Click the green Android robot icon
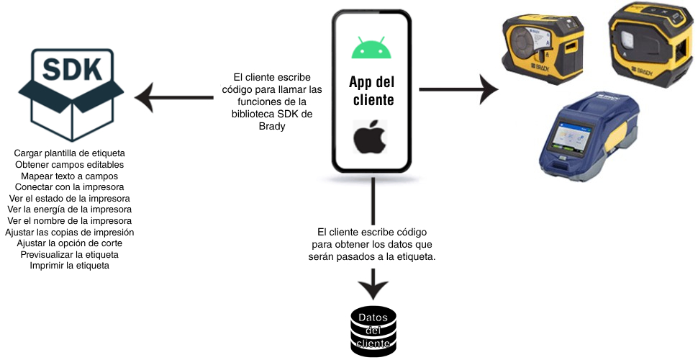(x=371, y=48)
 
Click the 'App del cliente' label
(x=372, y=90)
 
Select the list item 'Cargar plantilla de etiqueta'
(x=70, y=153)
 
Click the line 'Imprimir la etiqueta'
(x=70, y=266)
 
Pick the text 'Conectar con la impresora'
(x=70, y=187)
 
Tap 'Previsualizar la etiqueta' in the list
(x=70, y=255)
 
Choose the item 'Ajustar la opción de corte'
(x=70, y=243)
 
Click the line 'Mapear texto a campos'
(x=70, y=176)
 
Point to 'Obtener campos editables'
(x=70, y=165)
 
